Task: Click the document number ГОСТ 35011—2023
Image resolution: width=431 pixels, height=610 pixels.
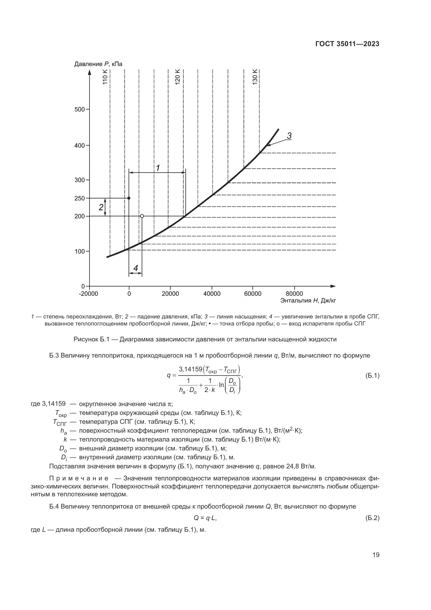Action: point(347,44)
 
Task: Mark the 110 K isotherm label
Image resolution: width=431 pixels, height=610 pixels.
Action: point(105,77)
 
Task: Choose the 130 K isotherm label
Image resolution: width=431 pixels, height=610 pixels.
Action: point(255,77)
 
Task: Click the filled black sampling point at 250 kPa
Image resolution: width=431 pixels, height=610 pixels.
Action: point(129,198)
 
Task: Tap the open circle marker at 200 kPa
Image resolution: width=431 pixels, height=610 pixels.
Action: point(142,216)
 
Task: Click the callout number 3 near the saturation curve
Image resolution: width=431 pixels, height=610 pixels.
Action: point(289,136)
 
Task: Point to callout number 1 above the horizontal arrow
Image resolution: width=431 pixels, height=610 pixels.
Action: point(158,168)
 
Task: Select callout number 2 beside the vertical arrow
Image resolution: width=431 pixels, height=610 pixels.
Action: point(101,207)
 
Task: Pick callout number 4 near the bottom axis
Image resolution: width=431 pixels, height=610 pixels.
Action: point(136,268)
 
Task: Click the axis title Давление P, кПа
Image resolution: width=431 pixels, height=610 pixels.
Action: point(98,64)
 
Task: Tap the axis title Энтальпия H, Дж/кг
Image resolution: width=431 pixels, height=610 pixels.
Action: point(308,301)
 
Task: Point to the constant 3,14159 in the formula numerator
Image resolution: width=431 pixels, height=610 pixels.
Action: point(190,369)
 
